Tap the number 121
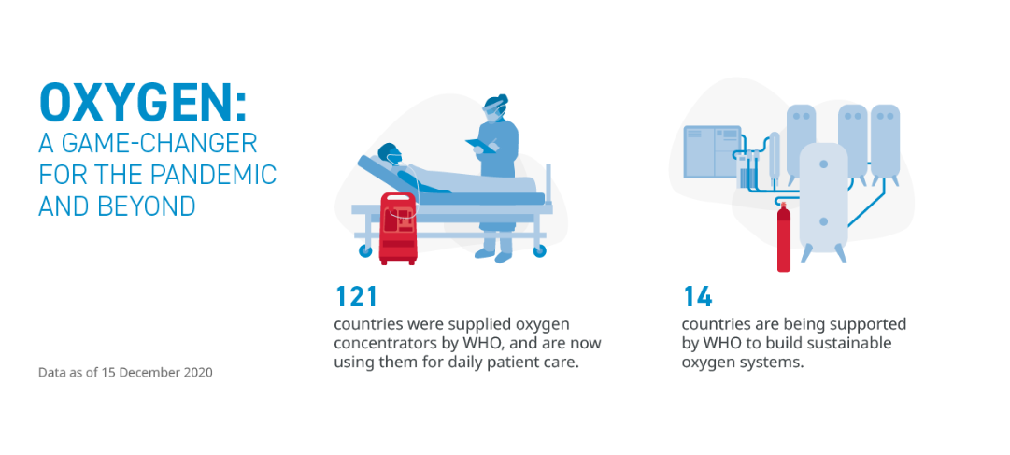pyautogui.click(x=356, y=296)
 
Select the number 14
pyautogui.click(x=698, y=296)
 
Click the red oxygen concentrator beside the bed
pyautogui.click(x=398, y=228)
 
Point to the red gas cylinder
pyautogui.click(x=783, y=237)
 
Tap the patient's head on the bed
pyautogui.click(x=390, y=153)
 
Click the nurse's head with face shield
pyautogui.click(x=495, y=108)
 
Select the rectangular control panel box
pyautogui.click(x=712, y=151)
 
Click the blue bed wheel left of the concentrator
pyautogui.click(x=365, y=251)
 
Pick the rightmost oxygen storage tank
pyautogui.click(x=885, y=143)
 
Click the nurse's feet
pyautogui.click(x=494, y=255)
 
